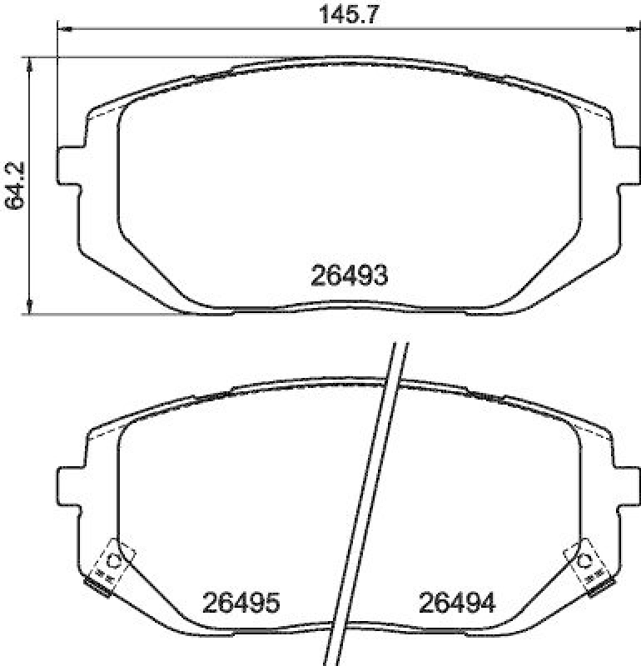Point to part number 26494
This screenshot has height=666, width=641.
coord(457,602)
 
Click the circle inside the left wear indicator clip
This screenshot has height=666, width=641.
coord(116,560)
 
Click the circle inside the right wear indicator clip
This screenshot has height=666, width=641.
coord(582,560)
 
